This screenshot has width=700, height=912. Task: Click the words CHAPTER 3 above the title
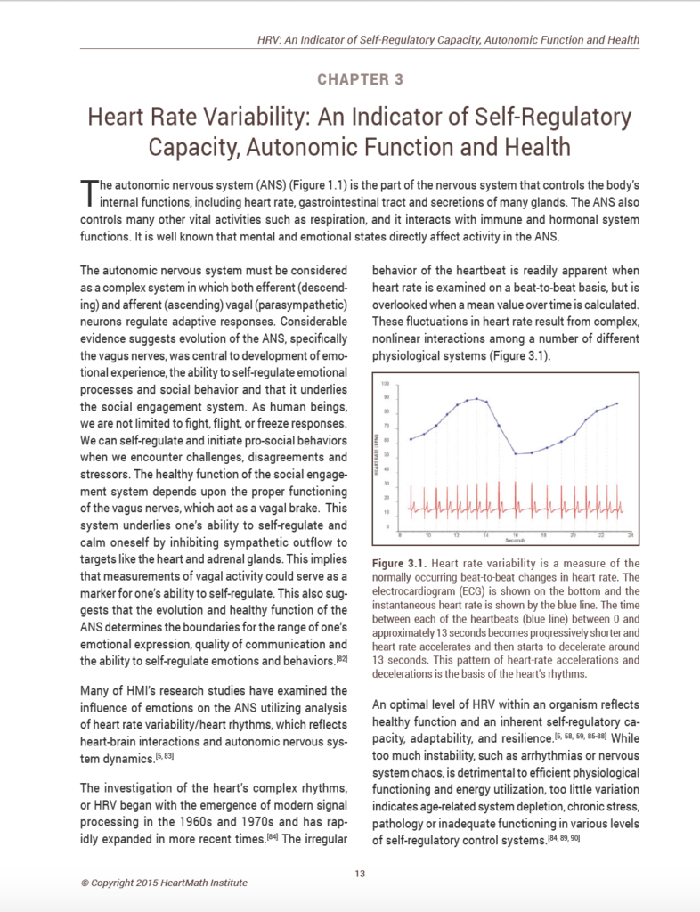[361, 79]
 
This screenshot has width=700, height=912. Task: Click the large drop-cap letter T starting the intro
[87, 189]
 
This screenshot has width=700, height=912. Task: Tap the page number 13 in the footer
[360, 874]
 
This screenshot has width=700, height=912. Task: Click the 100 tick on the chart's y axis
[386, 383]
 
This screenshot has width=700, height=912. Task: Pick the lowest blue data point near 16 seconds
[516, 454]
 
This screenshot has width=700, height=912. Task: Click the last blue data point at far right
[616, 403]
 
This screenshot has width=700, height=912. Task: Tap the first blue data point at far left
[410, 439]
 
